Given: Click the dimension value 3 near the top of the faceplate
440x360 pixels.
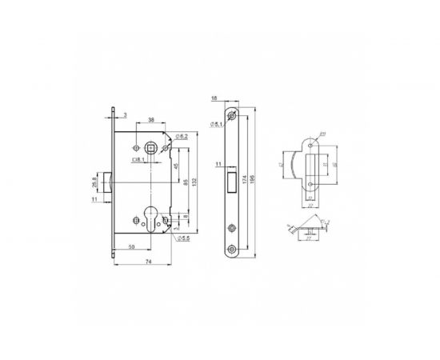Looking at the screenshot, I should point(126,115).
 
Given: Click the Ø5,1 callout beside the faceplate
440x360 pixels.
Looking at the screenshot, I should point(216,124).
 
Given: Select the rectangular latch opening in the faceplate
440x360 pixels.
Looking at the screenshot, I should point(231,181).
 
